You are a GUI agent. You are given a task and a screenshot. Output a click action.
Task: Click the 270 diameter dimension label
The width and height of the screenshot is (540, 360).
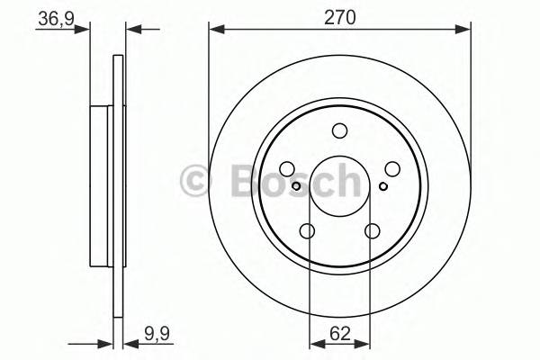(339, 16)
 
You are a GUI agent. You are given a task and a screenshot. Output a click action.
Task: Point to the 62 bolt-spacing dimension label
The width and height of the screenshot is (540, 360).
(339, 332)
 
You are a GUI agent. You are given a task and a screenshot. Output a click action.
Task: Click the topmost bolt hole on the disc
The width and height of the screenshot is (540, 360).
(339, 131)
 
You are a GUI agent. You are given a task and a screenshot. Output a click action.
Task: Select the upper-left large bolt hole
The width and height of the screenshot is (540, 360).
(287, 169)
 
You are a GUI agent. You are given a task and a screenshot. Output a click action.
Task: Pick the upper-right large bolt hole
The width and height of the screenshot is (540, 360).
(392, 169)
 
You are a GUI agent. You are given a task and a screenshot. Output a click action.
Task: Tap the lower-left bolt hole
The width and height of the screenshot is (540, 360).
(307, 231)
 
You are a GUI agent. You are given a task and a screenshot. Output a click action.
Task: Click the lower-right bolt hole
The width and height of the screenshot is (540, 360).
(372, 231)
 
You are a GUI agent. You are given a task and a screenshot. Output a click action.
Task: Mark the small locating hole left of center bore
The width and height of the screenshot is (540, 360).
(296, 186)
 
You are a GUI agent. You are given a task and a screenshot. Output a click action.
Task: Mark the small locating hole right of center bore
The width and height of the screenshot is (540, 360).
(383, 186)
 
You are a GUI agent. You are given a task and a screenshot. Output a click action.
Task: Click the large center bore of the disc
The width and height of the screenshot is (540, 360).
(339, 186)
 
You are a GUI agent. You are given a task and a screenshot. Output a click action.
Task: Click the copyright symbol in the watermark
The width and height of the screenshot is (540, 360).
(196, 181)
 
